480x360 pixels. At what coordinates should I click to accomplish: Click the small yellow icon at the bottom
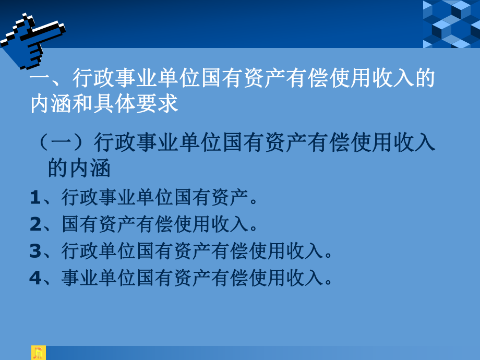pyautogui.click(x=39, y=353)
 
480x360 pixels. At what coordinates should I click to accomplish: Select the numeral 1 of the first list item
pyautogui.click(x=35, y=198)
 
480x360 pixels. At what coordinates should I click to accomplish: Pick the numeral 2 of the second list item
pyautogui.click(x=35, y=225)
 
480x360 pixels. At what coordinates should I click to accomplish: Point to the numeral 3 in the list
pyautogui.click(x=35, y=251)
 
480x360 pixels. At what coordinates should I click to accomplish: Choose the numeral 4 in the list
pyautogui.click(x=35, y=278)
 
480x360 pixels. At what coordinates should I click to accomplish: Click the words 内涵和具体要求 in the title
pyautogui.click(x=104, y=103)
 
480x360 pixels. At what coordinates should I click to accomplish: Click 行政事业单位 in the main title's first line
pyautogui.click(x=125, y=80)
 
